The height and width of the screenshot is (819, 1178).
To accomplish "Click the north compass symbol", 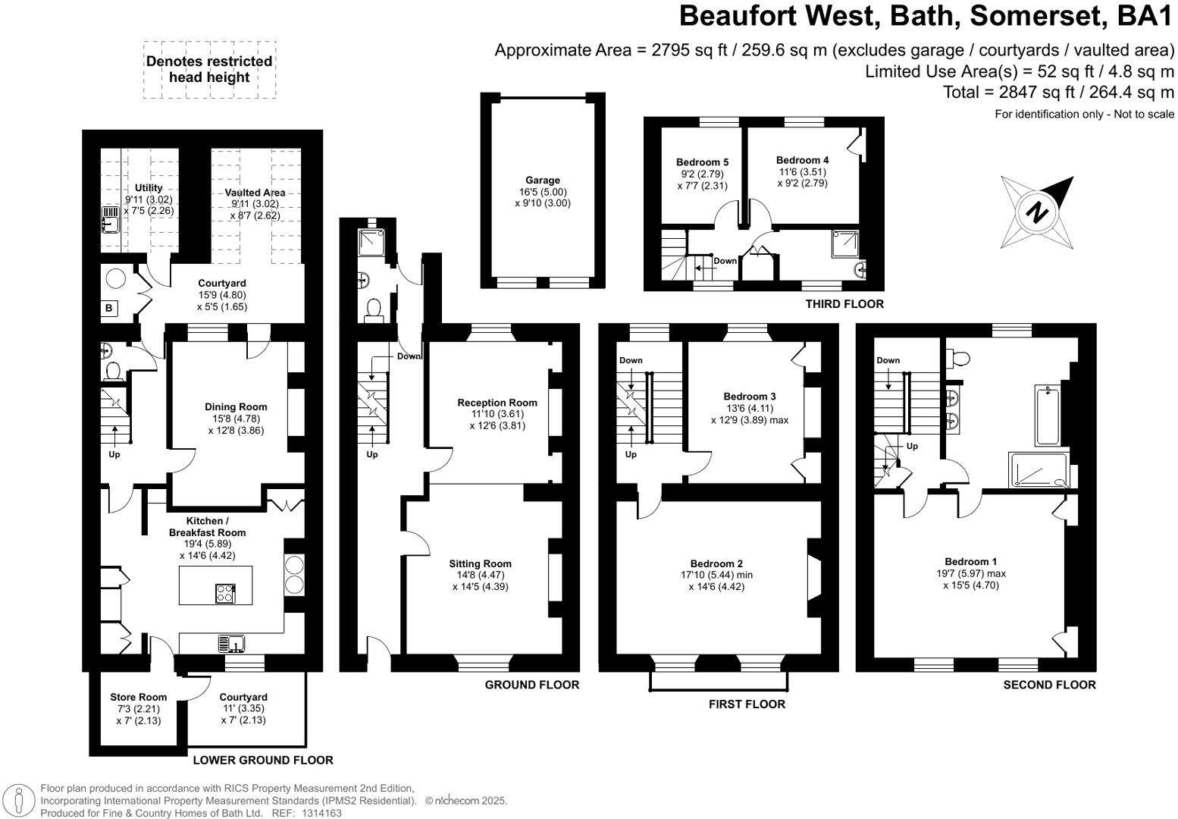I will tap(1037, 212).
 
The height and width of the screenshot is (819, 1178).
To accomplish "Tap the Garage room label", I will tap(543, 180).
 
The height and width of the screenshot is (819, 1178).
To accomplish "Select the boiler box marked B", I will tap(109, 308).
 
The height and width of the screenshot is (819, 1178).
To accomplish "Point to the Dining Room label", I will tap(236, 407).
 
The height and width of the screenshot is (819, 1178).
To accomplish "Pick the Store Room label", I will tap(138, 697).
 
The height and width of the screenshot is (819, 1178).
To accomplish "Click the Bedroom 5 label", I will tap(702, 162).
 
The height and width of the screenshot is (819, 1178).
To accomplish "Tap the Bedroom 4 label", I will tap(802, 160).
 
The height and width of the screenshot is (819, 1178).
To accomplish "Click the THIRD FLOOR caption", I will tap(844, 304).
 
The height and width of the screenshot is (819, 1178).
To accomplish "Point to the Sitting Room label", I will tap(480, 563).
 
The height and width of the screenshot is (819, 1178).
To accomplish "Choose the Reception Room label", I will tap(497, 403).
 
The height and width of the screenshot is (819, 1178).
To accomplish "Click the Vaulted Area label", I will tap(255, 193).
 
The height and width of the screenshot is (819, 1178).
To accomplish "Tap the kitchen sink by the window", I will tap(231, 644).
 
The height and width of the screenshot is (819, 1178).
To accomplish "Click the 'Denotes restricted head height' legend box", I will tap(209, 70).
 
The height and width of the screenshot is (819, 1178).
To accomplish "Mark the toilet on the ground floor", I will tap(373, 309).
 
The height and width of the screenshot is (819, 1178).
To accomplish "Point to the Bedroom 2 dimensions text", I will tap(716, 581).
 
